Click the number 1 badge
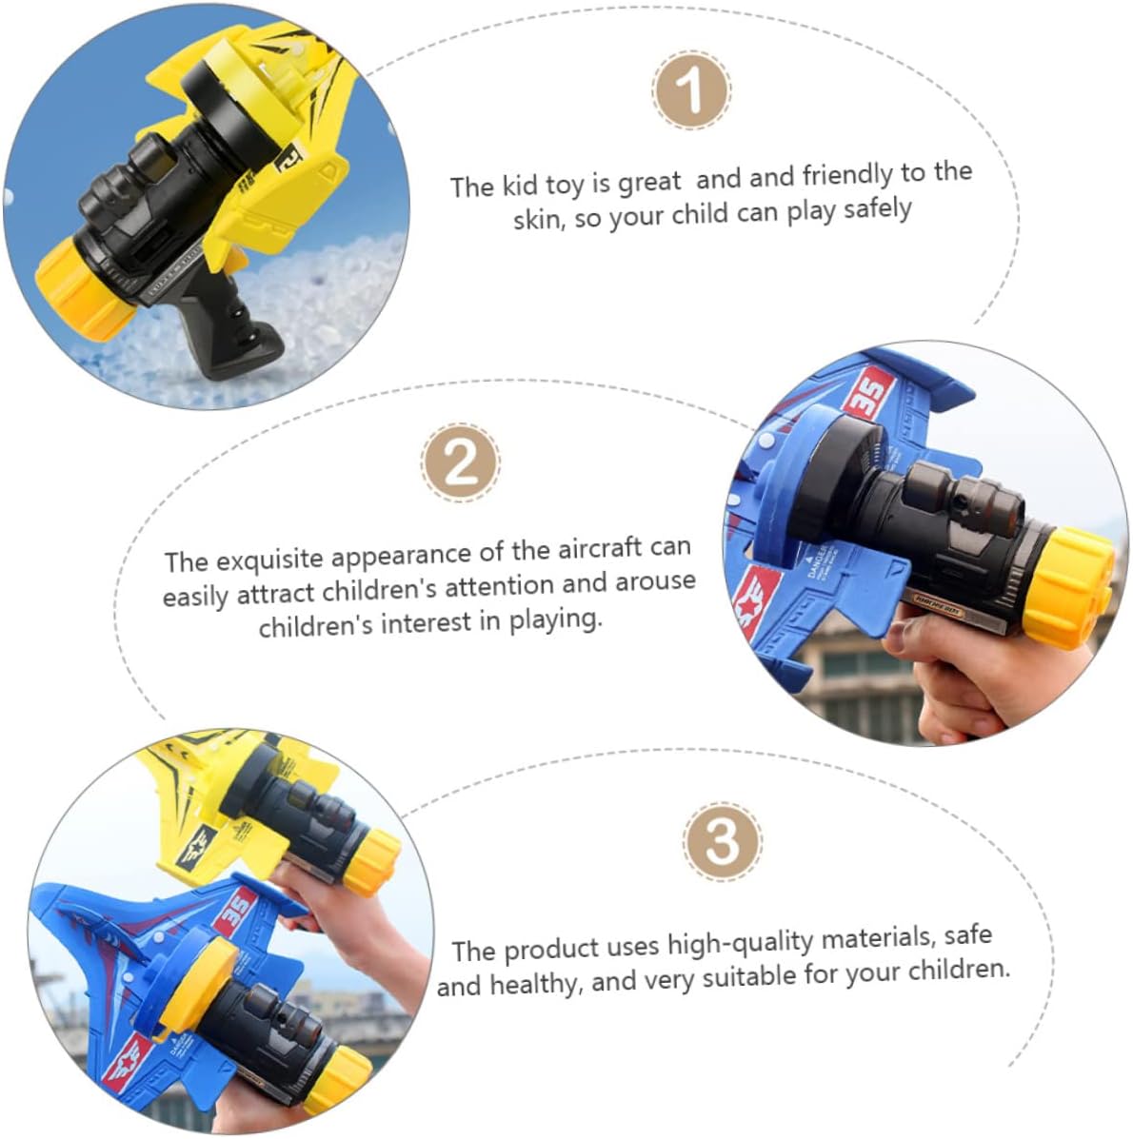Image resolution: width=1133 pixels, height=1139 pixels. [691, 90]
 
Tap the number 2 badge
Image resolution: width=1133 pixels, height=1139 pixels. [461, 462]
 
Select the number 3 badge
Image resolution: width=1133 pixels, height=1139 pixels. [723, 842]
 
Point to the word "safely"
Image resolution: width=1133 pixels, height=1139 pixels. [877, 210]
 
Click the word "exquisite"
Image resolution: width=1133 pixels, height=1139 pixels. [269, 560]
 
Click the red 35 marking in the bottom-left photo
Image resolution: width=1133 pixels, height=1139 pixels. [238, 913]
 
